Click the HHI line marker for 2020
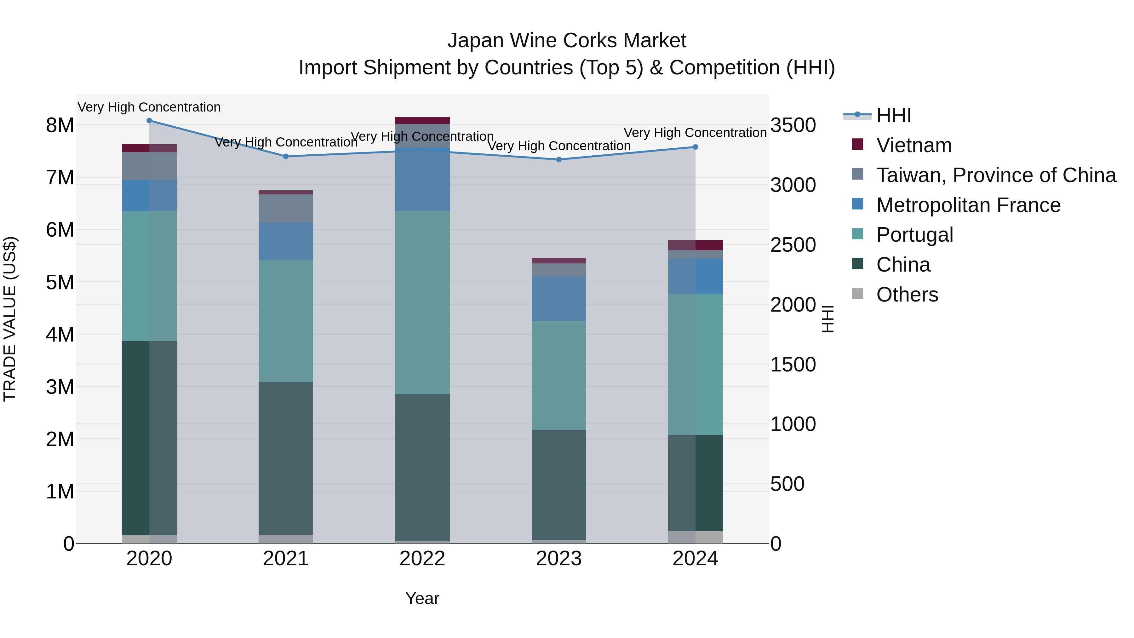[x=149, y=121]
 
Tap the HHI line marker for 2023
[x=558, y=159]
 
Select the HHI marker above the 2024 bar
[x=695, y=147]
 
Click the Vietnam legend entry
[x=913, y=145]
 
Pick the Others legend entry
[x=907, y=295]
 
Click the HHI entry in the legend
[x=893, y=115]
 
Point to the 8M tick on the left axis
[x=60, y=125]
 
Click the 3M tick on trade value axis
[x=60, y=387]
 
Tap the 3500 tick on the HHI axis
[x=793, y=125]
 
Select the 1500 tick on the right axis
[x=793, y=365]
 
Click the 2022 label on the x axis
[x=422, y=559]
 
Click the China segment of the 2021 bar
[x=286, y=458]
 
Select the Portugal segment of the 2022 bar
[x=422, y=302]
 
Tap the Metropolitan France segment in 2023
[x=558, y=299]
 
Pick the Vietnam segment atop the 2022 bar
[x=422, y=121]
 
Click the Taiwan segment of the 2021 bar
[x=286, y=208]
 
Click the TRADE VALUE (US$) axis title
[x=10, y=319]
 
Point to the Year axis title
[x=422, y=598]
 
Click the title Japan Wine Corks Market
[x=567, y=41]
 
